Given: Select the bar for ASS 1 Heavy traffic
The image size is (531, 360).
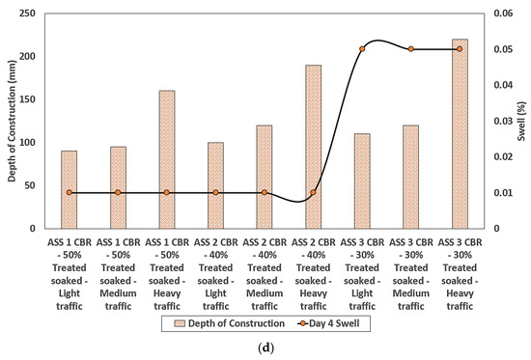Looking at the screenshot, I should click(x=167, y=159).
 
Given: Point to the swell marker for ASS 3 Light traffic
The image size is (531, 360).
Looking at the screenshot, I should click(x=362, y=49).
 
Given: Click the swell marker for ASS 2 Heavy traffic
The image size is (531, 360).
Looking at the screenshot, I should click(x=313, y=193).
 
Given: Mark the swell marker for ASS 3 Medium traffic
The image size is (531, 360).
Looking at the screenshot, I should click(x=411, y=49).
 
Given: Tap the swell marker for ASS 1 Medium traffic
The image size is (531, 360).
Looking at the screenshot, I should click(x=118, y=193).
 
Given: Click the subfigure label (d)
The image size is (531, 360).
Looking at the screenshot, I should click(x=265, y=348).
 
